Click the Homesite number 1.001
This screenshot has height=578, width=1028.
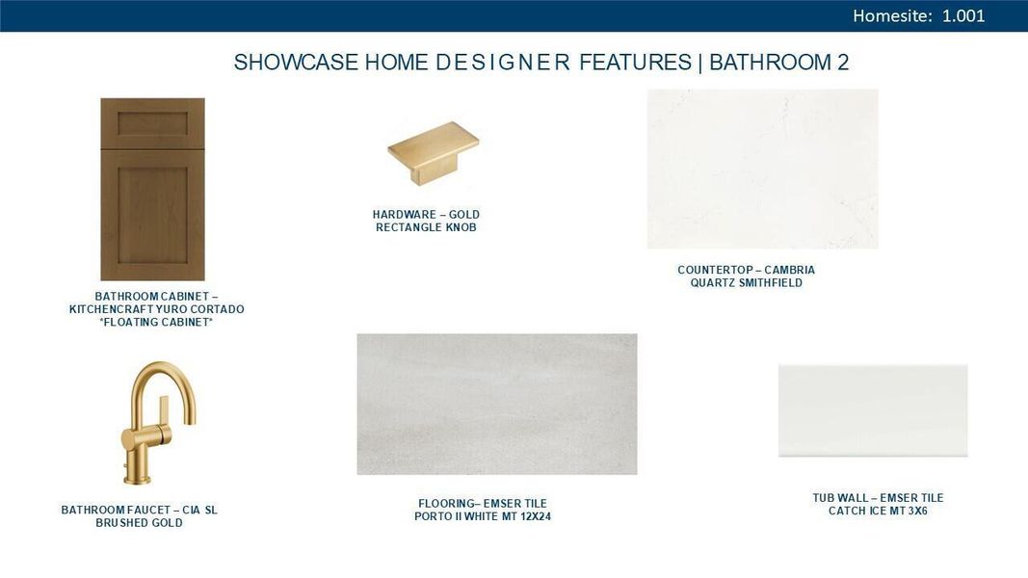[x=962, y=16]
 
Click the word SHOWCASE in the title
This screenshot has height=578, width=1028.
[x=296, y=63]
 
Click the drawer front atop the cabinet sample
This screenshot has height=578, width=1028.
[x=152, y=121]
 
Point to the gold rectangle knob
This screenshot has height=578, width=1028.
[x=433, y=152]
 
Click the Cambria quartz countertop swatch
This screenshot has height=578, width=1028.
[x=762, y=169]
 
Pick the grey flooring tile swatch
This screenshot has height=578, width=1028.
[x=496, y=404]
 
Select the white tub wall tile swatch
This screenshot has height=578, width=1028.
[x=872, y=410]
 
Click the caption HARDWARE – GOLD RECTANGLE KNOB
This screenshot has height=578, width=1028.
[x=426, y=221]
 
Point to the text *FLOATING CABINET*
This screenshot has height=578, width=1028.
[x=156, y=323]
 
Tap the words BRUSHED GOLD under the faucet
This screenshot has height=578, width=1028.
[x=139, y=523]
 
